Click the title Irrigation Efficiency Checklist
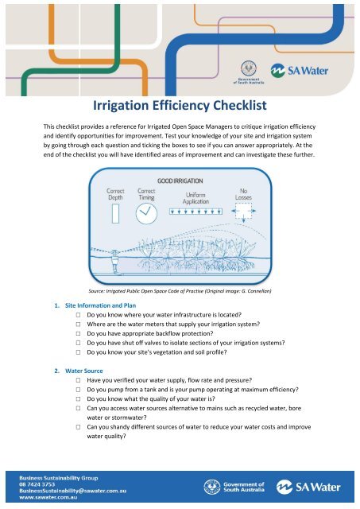(180, 106)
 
